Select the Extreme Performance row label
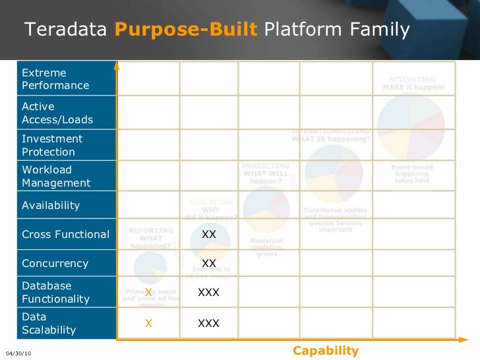(55, 79)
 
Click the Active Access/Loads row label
(57, 113)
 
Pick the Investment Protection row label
(52, 145)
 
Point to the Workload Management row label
(56, 176)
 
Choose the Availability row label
(51, 205)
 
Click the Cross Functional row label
(65, 234)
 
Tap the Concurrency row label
(55, 263)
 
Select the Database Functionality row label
(55, 292)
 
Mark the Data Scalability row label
(49, 323)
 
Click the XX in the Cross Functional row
(209, 234)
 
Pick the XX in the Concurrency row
(209, 263)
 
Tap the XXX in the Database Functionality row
(209, 292)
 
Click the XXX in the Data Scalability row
(209, 323)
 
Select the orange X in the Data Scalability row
(148, 323)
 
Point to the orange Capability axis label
(326, 351)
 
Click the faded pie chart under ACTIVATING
(411, 125)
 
